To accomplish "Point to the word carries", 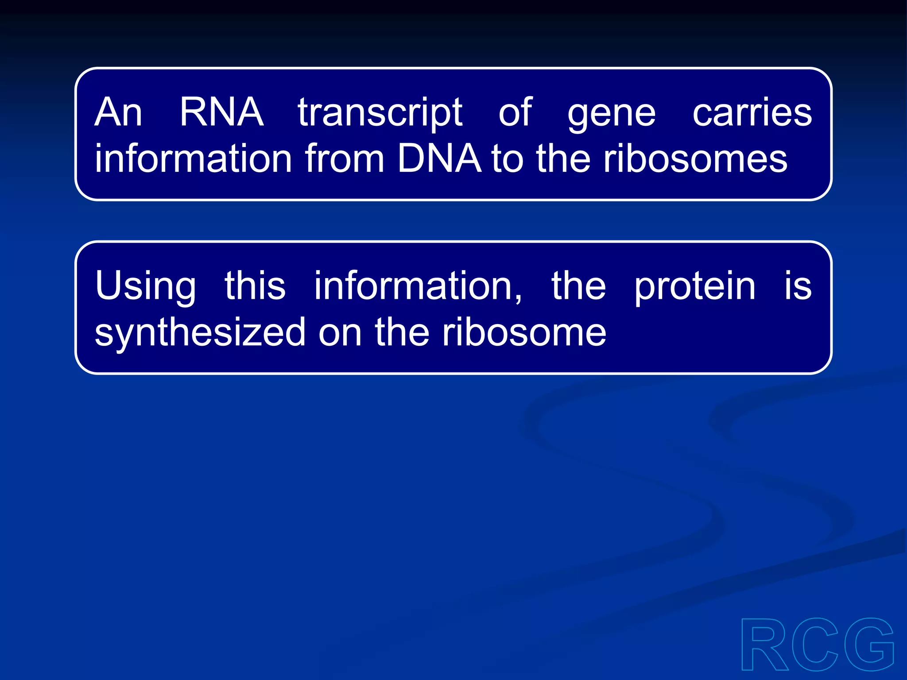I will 752,112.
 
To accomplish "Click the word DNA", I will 438,158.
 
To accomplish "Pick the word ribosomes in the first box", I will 695,158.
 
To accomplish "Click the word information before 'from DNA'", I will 193,158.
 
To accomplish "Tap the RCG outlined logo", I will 817,645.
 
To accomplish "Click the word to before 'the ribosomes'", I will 507,158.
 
